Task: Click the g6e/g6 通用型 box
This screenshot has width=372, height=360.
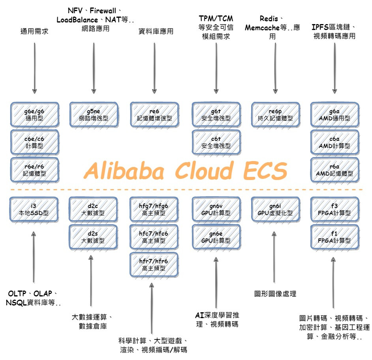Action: tap(34, 114)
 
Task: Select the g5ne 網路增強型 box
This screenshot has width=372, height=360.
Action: tap(94, 114)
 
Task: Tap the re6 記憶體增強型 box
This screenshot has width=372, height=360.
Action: tap(154, 114)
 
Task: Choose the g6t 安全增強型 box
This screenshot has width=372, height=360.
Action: tap(216, 114)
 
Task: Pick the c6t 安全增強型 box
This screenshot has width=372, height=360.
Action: tap(216, 142)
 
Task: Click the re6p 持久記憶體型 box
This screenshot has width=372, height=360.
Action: tap(275, 114)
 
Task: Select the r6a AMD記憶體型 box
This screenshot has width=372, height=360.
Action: tap(335, 170)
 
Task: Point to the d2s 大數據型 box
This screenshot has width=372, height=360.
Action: tap(94, 236)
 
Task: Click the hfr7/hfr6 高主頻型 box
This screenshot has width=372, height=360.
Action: tap(154, 264)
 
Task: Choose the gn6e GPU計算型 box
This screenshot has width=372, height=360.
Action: tap(216, 237)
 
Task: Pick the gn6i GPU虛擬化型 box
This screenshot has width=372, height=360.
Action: tap(275, 209)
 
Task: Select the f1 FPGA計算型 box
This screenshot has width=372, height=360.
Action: tap(335, 237)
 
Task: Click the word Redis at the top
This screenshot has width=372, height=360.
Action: tap(270, 18)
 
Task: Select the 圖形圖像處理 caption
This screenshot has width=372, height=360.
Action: tap(275, 294)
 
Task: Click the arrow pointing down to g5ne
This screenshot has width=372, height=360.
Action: tap(94, 67)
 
